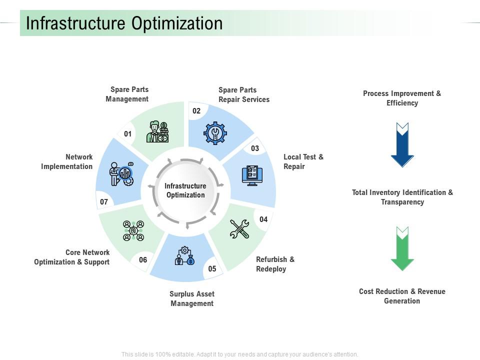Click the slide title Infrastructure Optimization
pos(124,23)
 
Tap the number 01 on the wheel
pos(128,134)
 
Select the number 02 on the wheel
pos(196,111)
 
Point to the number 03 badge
pos(255,148)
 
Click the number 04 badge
pos(263,219)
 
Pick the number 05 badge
pos(212,269)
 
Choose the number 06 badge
pos(143,259)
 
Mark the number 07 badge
pos(104,202)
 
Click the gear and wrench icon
pos(215,132)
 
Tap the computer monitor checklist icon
pos(251,175)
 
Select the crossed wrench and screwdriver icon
pos(239,228)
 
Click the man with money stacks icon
pos(157,132)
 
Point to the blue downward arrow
pos(402,144)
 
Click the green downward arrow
pos(402,248)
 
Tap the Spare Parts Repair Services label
pos(244,94)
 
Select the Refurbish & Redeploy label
pos(275,264)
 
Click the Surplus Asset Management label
pos(192,298)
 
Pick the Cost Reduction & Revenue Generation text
pos(402,296)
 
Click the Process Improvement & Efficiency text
pos(402,98)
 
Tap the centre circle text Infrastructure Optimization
pos(185,190)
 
